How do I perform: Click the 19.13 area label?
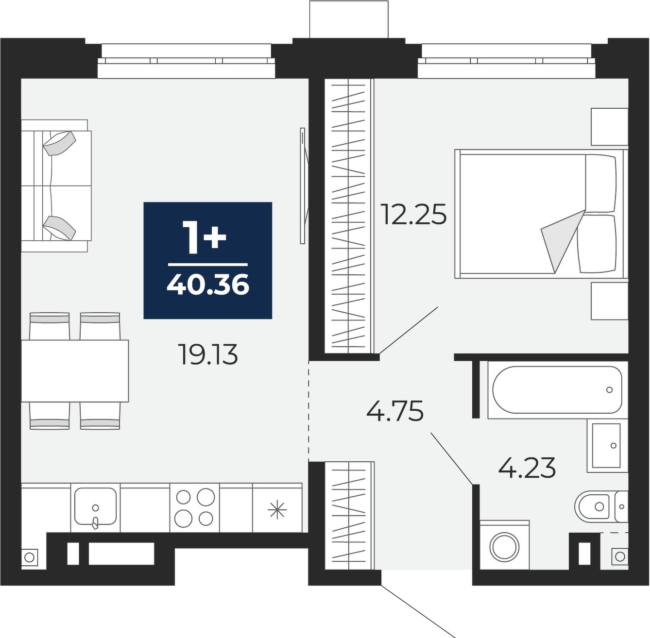pyautogui.click(x=209, y=354)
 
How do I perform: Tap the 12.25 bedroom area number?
pyautogui.click(x=413, y=214)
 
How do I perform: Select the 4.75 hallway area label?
pyautogui.click(x=394, y=411)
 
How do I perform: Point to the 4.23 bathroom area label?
pyautogui.click(x=527, y=468)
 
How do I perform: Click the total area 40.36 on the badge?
pyautogui.click(x=208, y=284)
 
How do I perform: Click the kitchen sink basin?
pyautogui.click(x=95, y=506)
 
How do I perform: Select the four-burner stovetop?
pyautogui.click(x=195, y=507)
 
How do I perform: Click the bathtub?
pyautogui.click(x=557, y=390)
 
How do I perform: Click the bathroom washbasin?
pyautogui.click(x=608, y=445)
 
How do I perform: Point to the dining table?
pyautogui.click(x=75, y=371)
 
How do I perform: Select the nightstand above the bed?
pyautogui.click(x=610, y=127)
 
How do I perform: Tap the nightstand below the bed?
pyautogui.click(x=610, y=301)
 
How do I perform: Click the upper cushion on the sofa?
pyautogui.click(x=59, y=143)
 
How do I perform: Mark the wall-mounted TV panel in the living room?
pyautogui.click(x=303, y=185)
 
